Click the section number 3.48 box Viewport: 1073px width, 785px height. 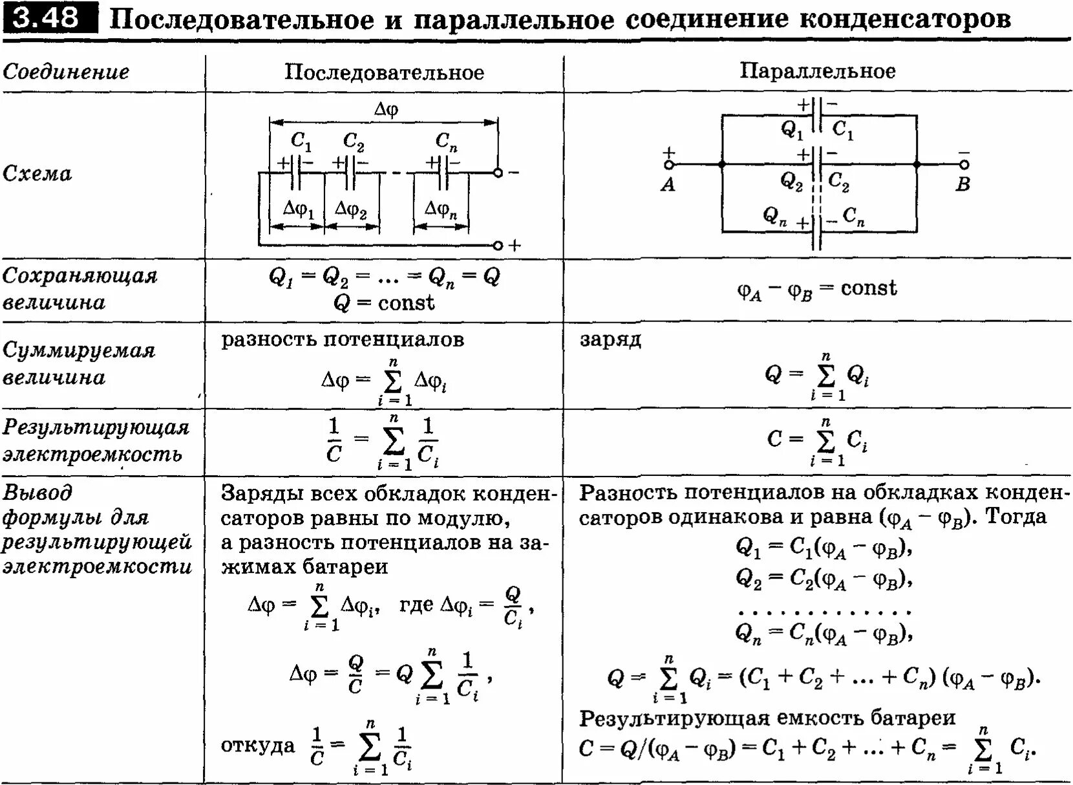point(49,17)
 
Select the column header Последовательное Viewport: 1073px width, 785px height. point(384,72)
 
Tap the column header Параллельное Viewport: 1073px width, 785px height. point(817,70)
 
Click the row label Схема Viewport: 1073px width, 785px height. point(37,173)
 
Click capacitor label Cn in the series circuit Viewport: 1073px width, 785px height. point(445,141)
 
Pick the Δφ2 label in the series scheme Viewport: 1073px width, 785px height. point(351,210)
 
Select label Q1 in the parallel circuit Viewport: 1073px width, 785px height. point(791,129)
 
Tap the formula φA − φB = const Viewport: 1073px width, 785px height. point(817,289)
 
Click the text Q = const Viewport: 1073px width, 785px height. point(384,303)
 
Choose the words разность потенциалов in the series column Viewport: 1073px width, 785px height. point(343,339)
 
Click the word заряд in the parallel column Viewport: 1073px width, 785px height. point(610,339)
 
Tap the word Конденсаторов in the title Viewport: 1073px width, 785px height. point(905,19)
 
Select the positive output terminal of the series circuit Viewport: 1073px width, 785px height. point(498,246)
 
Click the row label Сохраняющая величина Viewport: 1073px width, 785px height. point(79,288)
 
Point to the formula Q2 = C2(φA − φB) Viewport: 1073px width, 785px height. point(823,577)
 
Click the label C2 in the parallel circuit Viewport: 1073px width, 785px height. point(839,182)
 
